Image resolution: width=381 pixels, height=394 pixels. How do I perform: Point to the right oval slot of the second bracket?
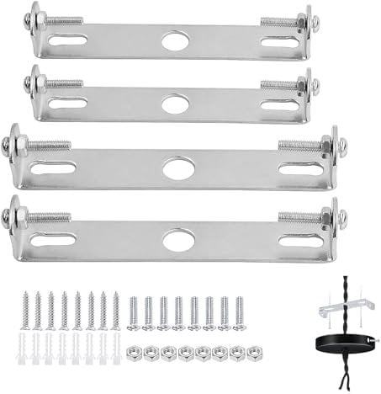click(278, 102)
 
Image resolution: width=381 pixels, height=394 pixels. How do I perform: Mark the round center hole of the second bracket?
click(174, 104)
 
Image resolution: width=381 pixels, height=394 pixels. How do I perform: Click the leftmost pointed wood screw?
click(24, 311)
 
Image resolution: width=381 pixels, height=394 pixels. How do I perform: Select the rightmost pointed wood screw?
click(116, 311)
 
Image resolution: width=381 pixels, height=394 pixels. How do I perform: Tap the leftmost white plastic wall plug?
click(24, 349)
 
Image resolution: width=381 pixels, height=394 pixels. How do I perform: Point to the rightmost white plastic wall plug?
click(116, 349)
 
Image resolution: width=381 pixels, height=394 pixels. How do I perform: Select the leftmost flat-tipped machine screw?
click(133, 313)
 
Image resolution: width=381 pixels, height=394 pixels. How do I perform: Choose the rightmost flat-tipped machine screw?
click(240, 313)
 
